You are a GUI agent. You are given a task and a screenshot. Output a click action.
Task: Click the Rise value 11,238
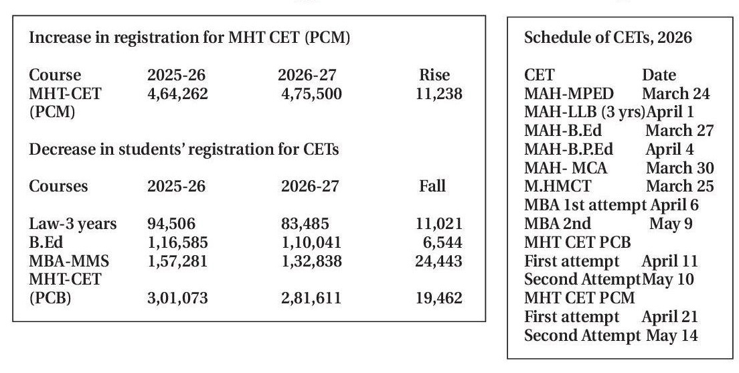(x=438, y=94)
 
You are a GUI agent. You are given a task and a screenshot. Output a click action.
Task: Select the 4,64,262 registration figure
(x=177, y=94)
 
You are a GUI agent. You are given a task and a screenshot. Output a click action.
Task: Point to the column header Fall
(x=432, y=186)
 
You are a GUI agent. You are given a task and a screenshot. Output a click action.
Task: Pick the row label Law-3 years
(x=73, y=224)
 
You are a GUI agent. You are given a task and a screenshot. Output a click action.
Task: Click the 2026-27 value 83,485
(x=305, y=224)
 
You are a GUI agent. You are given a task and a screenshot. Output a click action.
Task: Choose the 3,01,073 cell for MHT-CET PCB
(x=177, y=298)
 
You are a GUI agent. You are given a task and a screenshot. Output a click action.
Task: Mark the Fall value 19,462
(x=438, y=298)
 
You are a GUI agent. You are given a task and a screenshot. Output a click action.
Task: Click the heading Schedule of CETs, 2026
(x=608, y=38)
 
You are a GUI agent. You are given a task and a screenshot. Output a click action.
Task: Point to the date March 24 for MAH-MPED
(x=675, y=94)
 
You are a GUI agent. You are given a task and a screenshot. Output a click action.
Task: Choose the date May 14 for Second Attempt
(x=672, y=335)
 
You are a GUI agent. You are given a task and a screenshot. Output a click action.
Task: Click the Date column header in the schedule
(x=659, y=76)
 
